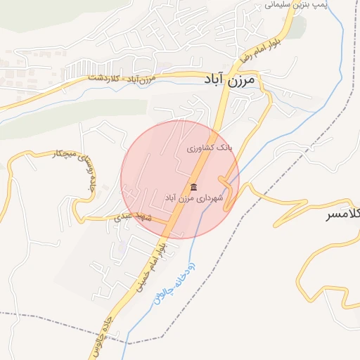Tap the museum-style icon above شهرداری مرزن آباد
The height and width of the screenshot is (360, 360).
click(193, 186)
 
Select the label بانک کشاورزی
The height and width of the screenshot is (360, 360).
click(209, 148)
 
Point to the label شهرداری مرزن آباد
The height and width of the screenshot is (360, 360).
click(193, 199)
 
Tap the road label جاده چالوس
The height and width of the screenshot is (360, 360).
click(117, 328)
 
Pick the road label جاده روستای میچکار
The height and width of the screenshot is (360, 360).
click(75, 172)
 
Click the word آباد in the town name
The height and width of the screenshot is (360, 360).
click(219, 79)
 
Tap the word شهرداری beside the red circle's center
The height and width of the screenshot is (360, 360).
click(210, 199)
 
